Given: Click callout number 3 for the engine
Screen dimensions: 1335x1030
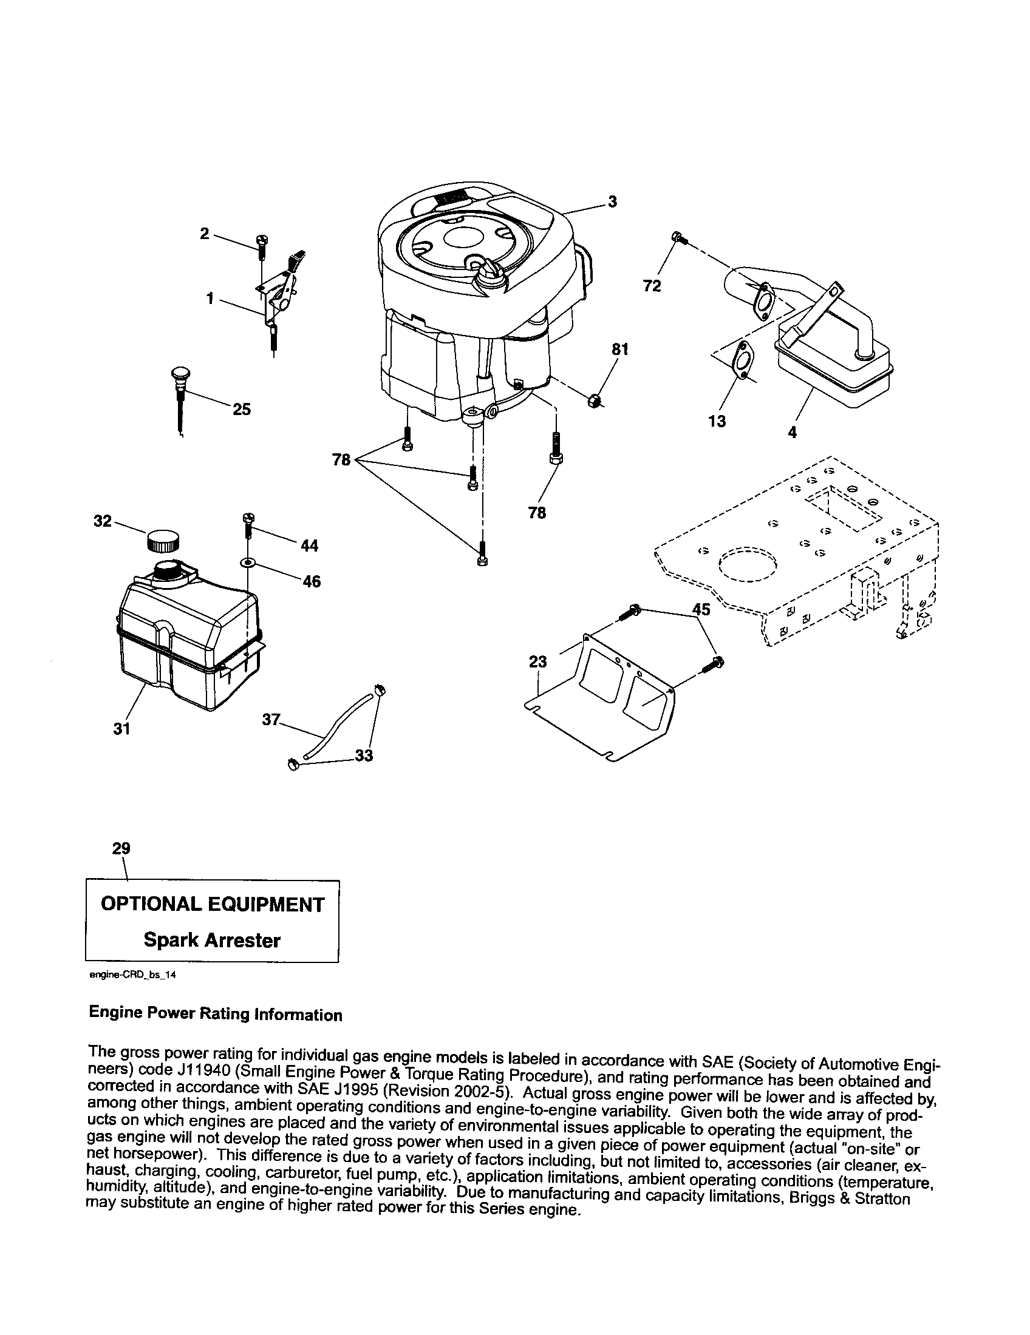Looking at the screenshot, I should click(612, 201).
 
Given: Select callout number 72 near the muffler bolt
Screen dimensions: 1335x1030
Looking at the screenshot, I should click(652, 285).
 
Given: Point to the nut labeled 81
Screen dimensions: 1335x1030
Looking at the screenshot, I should click(594, 401).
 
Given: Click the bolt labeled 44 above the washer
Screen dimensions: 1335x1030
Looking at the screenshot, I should click(248, 524).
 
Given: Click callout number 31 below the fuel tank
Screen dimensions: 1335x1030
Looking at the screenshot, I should click(121, 729).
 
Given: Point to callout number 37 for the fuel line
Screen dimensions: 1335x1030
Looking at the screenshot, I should click(271, 720).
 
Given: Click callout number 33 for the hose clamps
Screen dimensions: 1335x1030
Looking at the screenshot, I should click(364, 756).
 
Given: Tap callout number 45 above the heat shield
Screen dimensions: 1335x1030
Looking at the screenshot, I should click(701, 609).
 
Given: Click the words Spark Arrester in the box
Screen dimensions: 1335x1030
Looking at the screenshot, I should click(211, 940).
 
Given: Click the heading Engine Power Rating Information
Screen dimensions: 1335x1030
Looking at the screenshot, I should click(216, 1015).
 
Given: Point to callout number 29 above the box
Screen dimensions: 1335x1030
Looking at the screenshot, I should click(121, 848).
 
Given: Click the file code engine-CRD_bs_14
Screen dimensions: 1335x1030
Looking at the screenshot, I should click(132, 976).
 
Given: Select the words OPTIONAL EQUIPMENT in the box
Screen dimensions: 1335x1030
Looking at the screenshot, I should click(211, 905).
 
